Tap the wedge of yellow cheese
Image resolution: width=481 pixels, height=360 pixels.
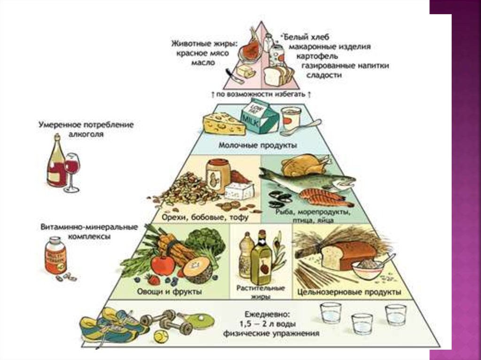(x=224, y=123)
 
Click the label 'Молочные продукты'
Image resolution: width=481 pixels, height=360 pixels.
(x=257, y=146)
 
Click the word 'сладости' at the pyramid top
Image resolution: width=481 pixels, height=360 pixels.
(x=324, y=75)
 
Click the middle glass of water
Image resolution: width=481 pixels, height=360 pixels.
(x=362, y=323)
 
